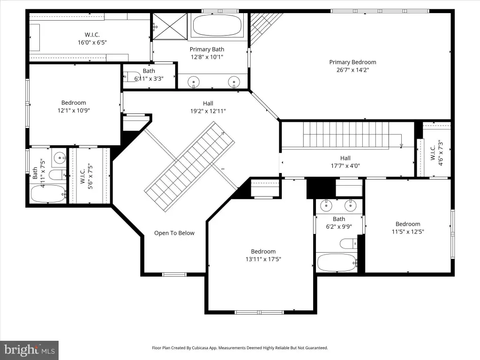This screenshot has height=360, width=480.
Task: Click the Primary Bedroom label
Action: coord(352,62)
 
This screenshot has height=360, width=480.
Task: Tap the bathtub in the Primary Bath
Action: coord(217,25)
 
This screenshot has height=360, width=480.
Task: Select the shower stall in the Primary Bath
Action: coord(170,26)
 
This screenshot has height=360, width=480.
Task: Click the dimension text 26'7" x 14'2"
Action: coord(352,70)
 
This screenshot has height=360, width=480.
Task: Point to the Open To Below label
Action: coord(174,233)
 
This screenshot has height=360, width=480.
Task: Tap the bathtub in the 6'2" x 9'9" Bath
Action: coord(337,262)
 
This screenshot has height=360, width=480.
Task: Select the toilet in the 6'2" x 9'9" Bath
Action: coord(348,244)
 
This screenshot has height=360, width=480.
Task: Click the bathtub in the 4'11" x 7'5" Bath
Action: coord(48,194)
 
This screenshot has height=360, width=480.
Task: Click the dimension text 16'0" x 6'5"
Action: coord(92,43)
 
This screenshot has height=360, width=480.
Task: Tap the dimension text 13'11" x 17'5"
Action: coord(263,259)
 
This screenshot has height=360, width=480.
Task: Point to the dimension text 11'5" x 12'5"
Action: coord(408,232)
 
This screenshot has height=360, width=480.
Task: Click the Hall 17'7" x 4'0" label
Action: coord(345,162)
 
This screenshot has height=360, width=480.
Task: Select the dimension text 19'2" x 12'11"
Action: coord(208,111)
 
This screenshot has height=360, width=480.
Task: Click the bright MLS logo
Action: coord(30,350)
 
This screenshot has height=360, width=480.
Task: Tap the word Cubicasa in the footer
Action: coord(200,348)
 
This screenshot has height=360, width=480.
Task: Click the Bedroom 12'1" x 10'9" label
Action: coord(74,106)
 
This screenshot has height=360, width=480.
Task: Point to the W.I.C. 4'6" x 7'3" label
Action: coord(436,153)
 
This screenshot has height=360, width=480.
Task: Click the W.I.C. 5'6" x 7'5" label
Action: coord(86,177)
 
